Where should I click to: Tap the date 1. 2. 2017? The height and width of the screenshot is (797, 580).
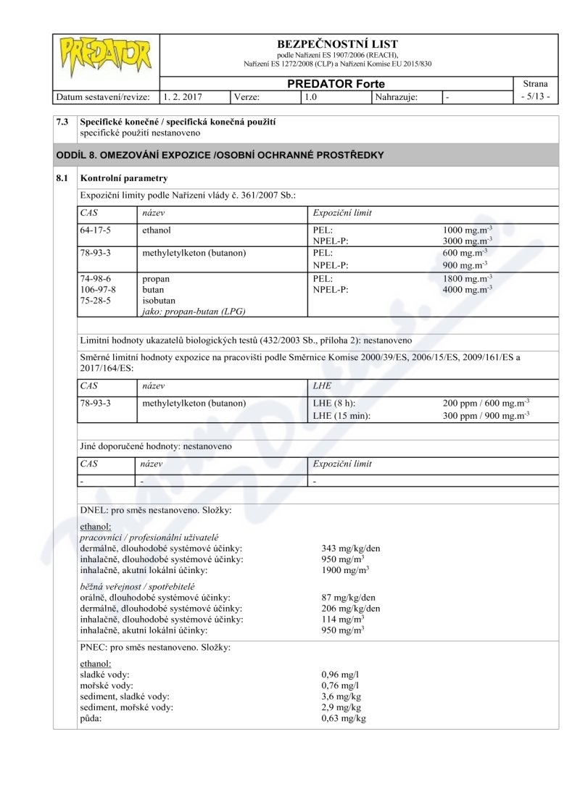[x=183, y=96]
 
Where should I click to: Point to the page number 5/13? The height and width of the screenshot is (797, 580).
[x=535, y=96]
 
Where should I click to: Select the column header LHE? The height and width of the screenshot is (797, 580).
[x=320, y=385]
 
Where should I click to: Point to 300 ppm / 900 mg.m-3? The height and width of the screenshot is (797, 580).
[x=486, y=414]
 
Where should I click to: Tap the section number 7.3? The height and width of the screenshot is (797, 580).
[x=63, y=122]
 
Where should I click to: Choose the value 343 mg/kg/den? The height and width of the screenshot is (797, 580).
[x=350, y=548]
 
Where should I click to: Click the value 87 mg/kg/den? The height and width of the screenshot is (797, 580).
[x=348, y=598]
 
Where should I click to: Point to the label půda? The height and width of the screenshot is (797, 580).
[x=90, y=718]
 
